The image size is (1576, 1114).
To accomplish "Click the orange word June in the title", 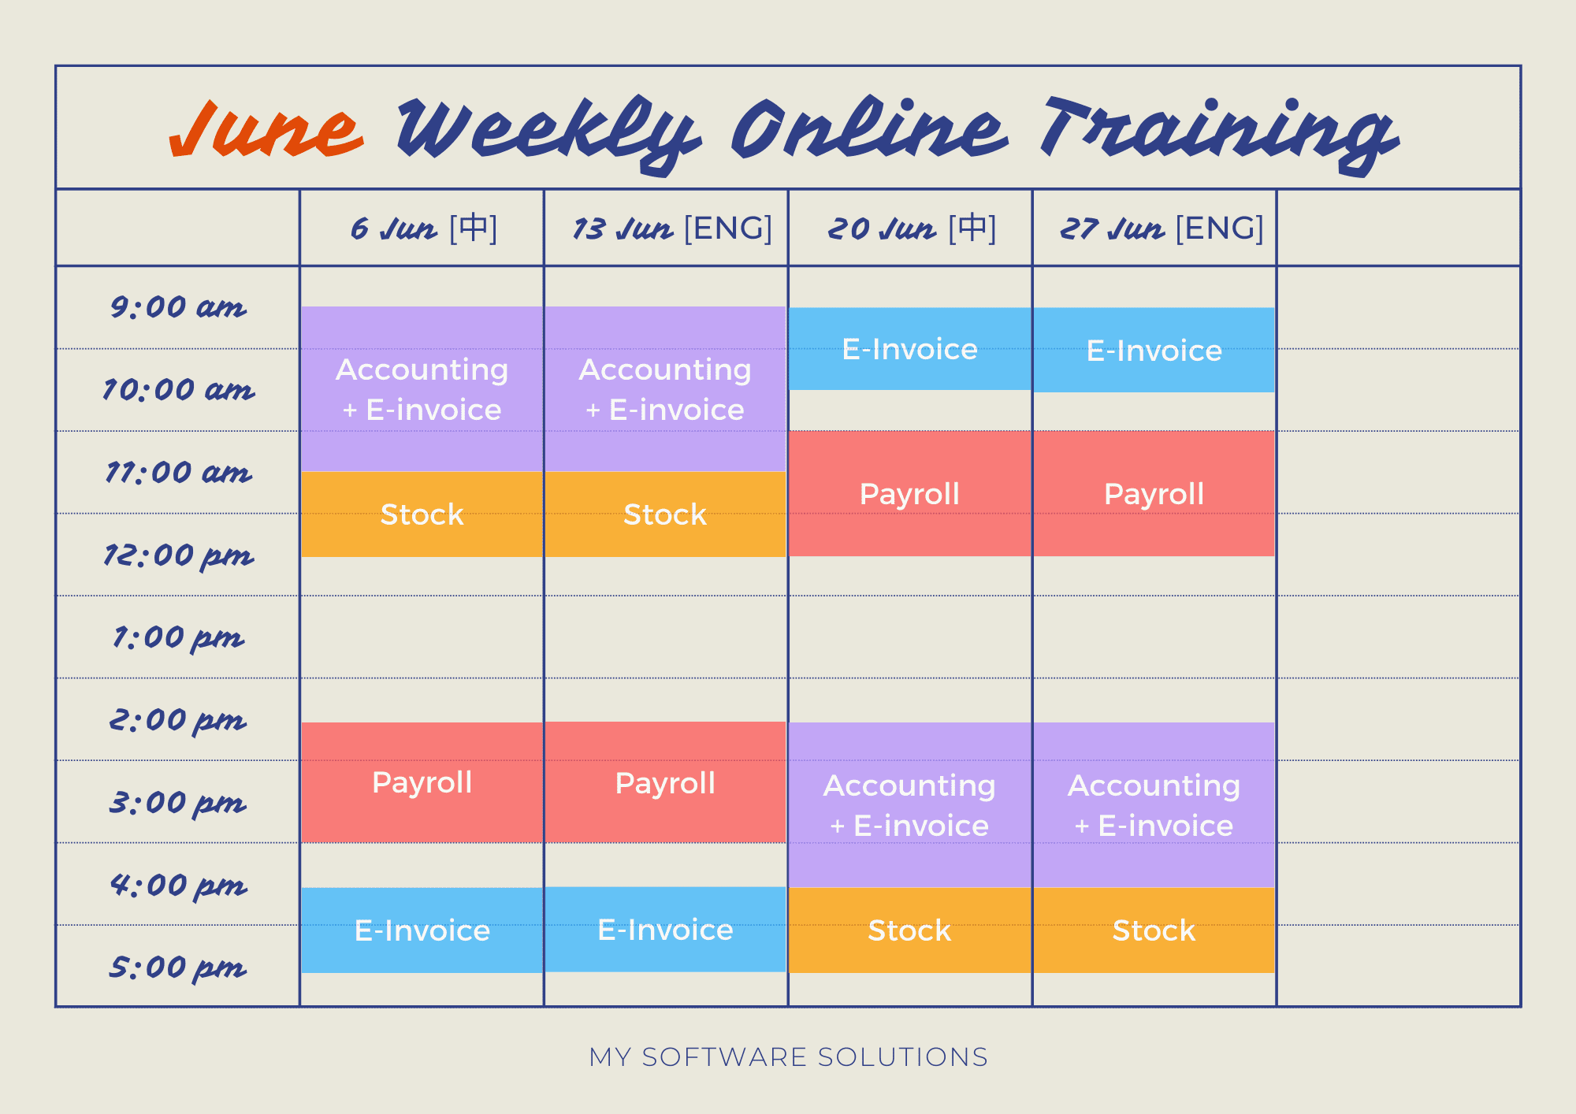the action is coord(266,129).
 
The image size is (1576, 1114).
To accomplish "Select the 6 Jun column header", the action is coord(424,228).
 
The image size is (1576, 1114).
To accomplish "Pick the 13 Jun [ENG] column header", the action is coord(672,228).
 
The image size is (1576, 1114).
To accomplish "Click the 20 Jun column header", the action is coord(912,228).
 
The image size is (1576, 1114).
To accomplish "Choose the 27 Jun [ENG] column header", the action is coord(1162,228).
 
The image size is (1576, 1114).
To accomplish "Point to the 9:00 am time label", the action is coord(178,307).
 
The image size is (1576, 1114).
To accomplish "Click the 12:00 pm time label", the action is coord(178,556).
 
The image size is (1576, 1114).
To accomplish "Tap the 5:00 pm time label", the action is coord(178,967).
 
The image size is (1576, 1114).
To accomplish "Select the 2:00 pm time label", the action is coord(178,721).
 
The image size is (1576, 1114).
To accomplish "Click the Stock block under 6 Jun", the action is coord(422,514).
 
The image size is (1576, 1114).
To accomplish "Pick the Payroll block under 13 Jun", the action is coord(665,782).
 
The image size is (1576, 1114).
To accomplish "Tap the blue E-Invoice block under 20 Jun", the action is coord(910,349).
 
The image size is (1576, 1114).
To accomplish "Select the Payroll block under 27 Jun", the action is coord(1154,494).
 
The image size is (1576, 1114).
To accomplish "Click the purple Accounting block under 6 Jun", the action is coord(422,389).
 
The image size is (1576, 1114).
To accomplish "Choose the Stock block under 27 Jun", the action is coord(1154,930).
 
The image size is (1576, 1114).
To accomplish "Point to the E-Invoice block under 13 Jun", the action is coord(665,930).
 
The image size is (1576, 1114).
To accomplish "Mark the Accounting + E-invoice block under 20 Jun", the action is coord(910,805).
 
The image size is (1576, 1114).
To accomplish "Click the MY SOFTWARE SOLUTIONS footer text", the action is coord(788,1057).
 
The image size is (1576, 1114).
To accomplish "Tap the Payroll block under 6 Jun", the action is coord(422,782).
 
